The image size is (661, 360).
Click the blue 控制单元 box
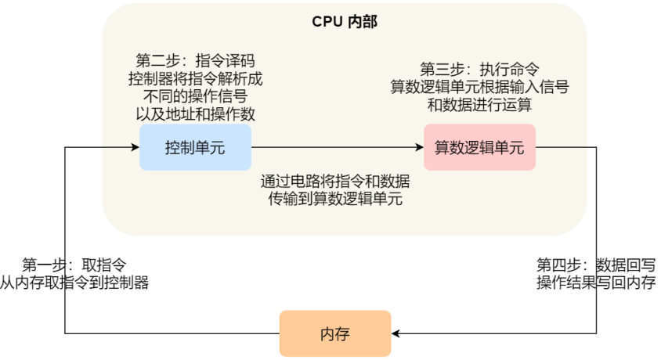195,147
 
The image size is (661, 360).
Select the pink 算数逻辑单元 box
479,147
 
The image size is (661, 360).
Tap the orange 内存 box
335,333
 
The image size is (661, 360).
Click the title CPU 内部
345,21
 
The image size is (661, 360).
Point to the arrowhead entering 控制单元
135,147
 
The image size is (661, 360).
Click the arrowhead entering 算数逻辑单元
420,147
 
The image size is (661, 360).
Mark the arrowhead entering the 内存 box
396,333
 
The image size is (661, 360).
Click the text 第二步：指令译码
195,60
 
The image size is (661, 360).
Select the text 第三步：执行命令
479,69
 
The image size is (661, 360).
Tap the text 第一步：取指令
74,265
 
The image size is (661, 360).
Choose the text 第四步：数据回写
596,265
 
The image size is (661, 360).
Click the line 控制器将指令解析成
195,78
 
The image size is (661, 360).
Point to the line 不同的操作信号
195,96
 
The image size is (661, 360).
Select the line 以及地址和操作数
195,113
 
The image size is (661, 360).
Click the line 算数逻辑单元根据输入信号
479,87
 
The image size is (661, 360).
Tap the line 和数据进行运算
479,104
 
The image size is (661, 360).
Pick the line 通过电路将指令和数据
335,182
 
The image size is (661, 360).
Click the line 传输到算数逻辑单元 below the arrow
335,199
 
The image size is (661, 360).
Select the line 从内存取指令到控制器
74,282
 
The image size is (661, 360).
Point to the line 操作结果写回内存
596,282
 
